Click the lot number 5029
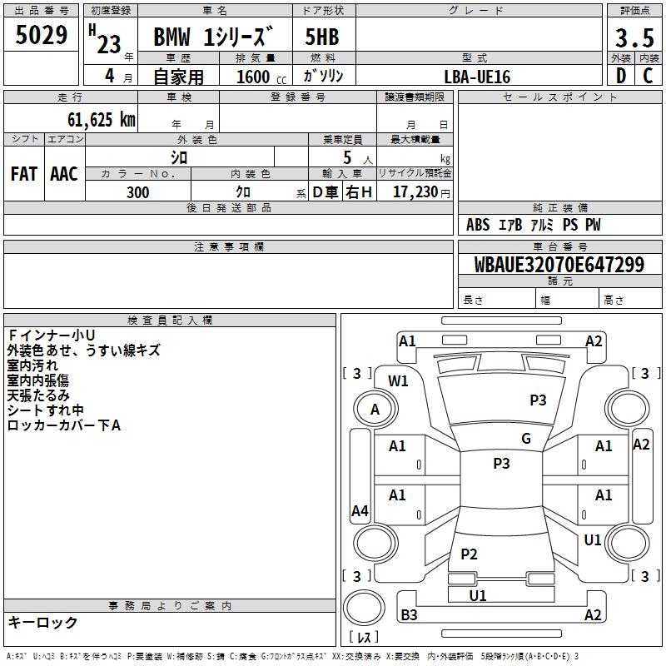41,35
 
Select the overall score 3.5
634,37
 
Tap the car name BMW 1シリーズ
212,37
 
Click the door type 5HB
322,37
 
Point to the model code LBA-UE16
477,77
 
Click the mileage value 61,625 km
102,120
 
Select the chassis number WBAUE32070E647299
559,265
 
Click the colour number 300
137,192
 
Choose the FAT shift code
24,174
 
